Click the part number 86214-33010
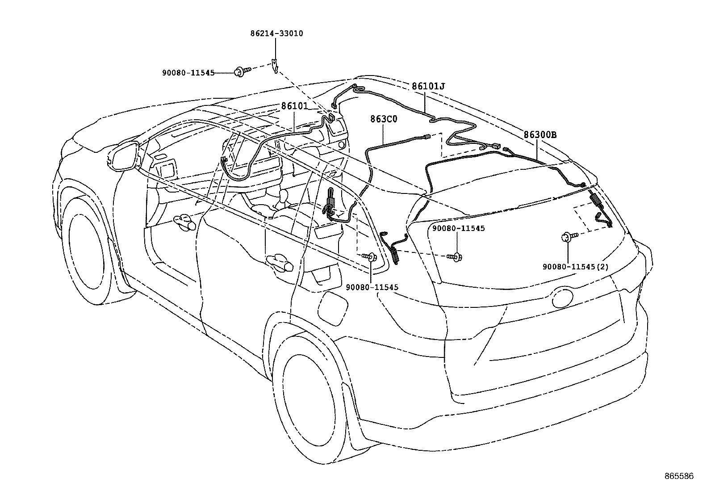click(x=276, y=34)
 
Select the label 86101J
click(x=428, y=86)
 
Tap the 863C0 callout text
click(x=384, y=119)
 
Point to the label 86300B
click(x=540, y=135)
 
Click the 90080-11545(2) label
click(x=576, y=267)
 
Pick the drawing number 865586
click(x=679, y=476)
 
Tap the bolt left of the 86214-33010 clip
click(x=242, y=71)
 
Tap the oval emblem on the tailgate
click(x=563, y=298)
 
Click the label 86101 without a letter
click(x=294, y=106)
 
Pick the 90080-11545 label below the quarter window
click(x=372, y=287)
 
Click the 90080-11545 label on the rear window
click(x=459, y=228)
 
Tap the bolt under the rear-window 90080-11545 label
click(x=454, y=257)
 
